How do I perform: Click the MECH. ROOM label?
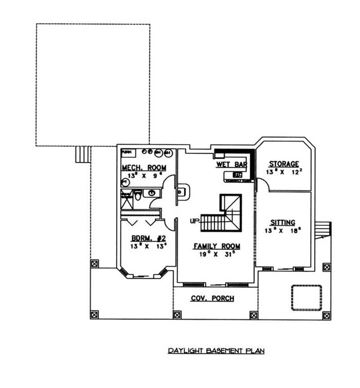[144, 168]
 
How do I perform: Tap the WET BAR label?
[231, 165]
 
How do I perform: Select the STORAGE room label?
[283, 164]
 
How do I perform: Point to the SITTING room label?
[283, 223]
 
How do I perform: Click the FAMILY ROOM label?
[216, 246]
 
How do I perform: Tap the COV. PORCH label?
[212, 299]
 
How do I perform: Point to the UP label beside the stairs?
[195, 221]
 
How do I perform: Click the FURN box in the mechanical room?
[126, 152]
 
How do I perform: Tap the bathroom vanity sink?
[152, 193]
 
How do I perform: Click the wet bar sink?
[237, 174]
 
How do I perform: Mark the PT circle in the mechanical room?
[125, 182]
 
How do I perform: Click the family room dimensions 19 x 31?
[216, 254]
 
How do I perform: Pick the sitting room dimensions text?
[283, 231]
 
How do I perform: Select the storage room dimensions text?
[283, 172]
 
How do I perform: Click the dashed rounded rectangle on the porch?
[306, 297]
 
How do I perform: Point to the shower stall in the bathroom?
[126, 200]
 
